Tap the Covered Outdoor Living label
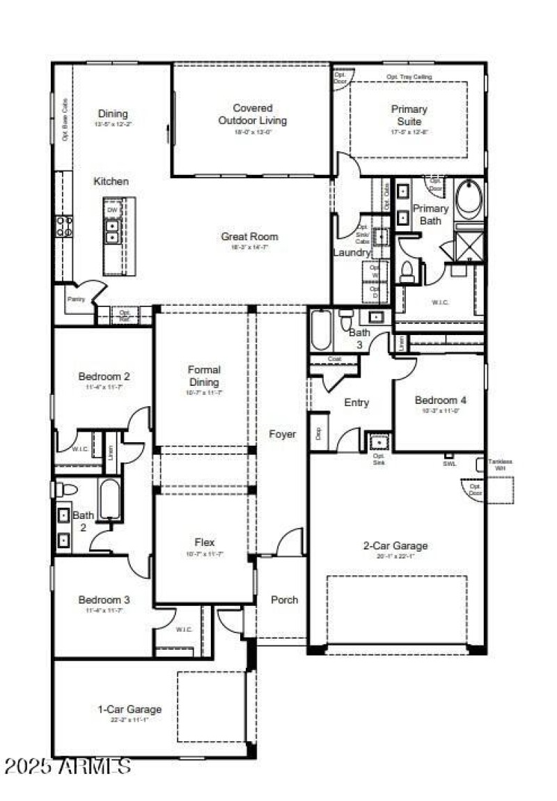click(x=252, y=114)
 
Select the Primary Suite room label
click(x=409, y=115)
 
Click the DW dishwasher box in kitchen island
click(x=111, y=208)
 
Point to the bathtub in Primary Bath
click(x=470, y=200)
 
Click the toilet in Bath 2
click(x=65, y=490)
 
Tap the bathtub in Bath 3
click(x=321, y=330)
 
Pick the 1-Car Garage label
click(x=130, y=709)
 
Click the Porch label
click(x=284, y=600)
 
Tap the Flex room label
click(x=204, y=543)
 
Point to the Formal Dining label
click(x=204, y=375)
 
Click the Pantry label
click(x=76, y=299)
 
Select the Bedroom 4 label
click(x=441, y=400)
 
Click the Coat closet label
click(x=334, y=359)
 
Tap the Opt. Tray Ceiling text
click(x=409, y=77)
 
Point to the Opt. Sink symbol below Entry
click(x=379, y=442)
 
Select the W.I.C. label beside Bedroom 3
click(x=184, y=629)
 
